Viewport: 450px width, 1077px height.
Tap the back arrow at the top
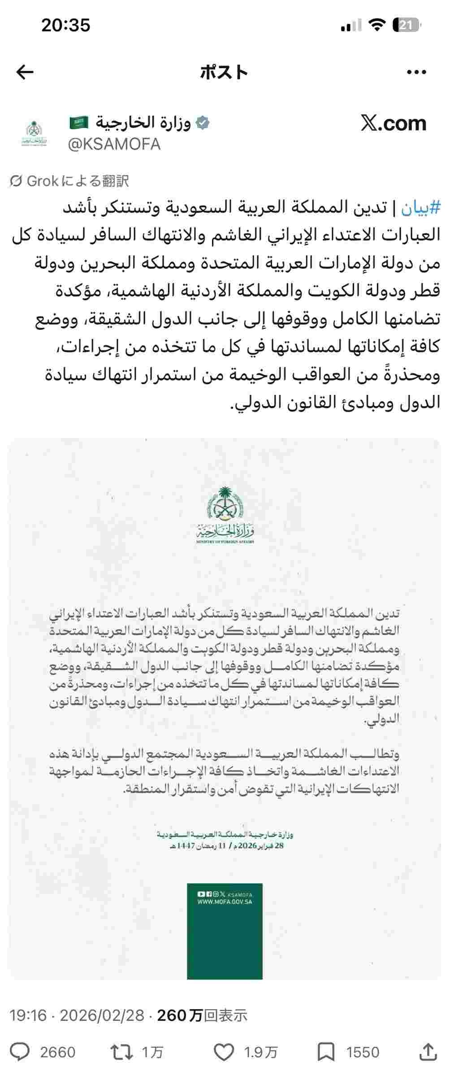click(25, 72)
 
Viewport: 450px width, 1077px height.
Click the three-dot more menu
click(416, 72)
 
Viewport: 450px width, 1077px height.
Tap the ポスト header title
click(224, 72)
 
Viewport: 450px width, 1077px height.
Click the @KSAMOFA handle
click(114, 144)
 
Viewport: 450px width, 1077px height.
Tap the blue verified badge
click(203, 123)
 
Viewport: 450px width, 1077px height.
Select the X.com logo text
click(393, 123)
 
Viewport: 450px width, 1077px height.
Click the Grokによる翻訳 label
click(69, 181)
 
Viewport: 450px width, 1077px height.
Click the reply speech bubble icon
click(20, 1052)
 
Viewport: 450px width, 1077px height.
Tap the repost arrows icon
click(121, 1052)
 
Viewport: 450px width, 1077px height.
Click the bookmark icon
click(326, 1052)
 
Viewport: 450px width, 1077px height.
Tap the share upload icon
click(429, 1052)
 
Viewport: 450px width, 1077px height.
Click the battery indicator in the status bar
click(406, 26)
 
